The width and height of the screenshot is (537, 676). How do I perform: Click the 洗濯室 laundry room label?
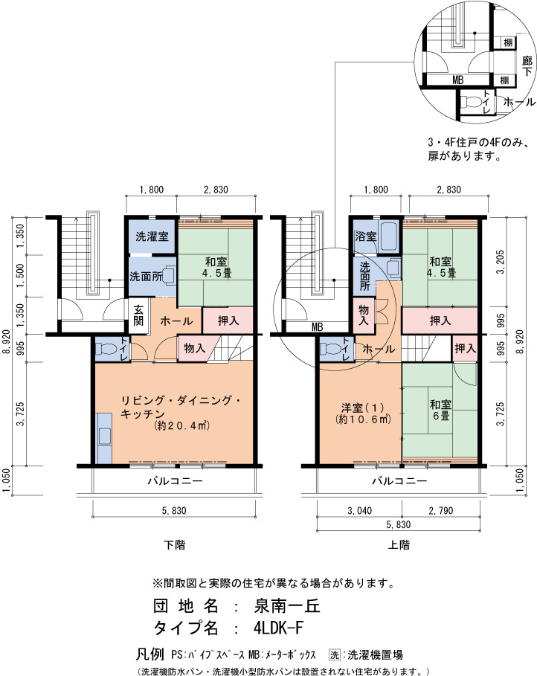click(x=152, y=236)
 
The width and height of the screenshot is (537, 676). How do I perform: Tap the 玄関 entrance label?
click(x=138, y=315)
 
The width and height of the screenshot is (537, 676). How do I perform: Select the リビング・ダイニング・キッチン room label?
click(x=180, y=407)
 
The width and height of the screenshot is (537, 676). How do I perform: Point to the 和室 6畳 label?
click(x=440, y=410)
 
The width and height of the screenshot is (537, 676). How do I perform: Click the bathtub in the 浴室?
click(x=390, y=236)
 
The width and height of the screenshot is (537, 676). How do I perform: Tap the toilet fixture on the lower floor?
click(x=106, y=348)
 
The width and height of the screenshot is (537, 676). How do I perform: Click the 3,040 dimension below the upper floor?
click(x=359, y=511)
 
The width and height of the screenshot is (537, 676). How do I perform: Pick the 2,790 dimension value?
click(x=441, y=511)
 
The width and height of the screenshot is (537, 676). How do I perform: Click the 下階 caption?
click(x=175, y=545)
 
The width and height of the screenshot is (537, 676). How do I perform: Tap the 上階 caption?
click(x=399, y=545)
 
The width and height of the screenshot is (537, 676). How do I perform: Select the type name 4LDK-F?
click(x=279, y=628)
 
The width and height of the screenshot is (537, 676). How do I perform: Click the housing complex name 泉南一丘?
click(x=287, y=606)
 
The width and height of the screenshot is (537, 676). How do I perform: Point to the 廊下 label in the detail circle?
click(x=527, y=66)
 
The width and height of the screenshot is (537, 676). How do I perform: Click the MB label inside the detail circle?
click(x=457, y=80)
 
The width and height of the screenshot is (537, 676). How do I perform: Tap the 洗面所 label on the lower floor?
click(x=146, y=277)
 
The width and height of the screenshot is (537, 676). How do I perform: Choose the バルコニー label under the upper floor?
click(x=399, y=480)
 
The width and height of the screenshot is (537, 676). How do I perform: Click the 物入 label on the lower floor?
click(x=195, y=348)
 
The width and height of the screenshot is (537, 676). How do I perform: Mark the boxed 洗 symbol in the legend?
click(x=334, y=655)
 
